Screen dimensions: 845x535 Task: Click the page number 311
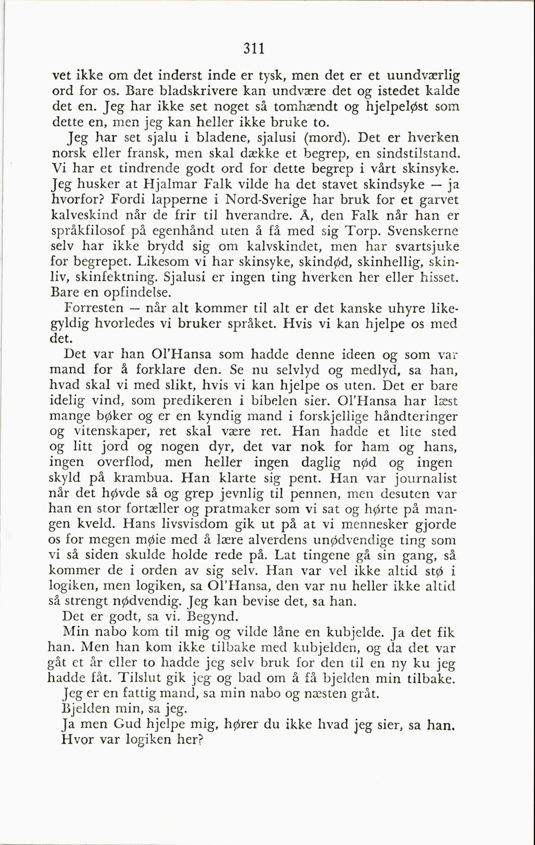[x=253, y=49]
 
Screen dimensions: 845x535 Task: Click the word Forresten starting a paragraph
[x=94, y=308]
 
